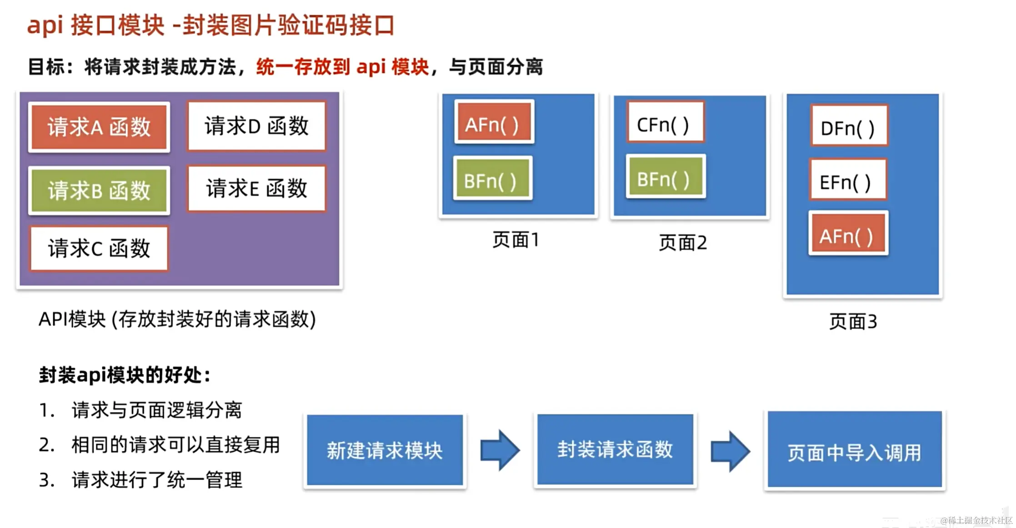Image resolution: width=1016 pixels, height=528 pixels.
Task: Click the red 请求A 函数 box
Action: (99, 127)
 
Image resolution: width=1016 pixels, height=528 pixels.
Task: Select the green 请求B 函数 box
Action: (99, 191)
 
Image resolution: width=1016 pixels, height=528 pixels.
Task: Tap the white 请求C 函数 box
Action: (99, 249)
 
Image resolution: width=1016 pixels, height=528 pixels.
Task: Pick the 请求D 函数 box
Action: (256, 126)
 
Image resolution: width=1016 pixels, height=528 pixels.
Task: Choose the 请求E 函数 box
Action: (256, 188)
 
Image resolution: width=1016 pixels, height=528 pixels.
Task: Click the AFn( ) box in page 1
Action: (494, 123)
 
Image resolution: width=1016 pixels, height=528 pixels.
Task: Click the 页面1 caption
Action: (516, 240)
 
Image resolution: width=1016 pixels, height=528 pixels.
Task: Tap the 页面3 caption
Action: (853, 322)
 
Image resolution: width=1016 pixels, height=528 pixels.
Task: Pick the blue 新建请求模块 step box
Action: (385, 450)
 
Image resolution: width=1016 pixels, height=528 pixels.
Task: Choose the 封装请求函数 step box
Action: (615, 449)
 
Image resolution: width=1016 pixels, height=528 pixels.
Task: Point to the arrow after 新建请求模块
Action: (500, 450)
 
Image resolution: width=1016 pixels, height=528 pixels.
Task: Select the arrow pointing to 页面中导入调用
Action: (730, 451)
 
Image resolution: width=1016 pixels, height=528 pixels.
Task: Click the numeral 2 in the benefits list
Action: (46, 445)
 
